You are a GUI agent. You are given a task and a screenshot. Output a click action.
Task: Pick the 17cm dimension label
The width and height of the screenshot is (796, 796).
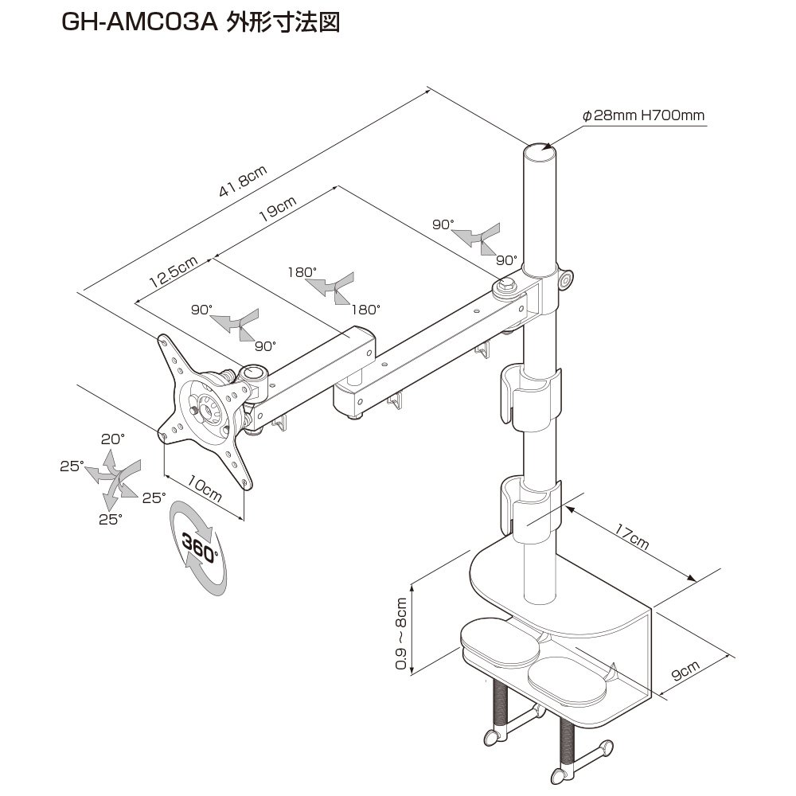point(633,538)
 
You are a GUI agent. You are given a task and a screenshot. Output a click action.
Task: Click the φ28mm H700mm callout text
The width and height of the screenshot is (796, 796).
point(644,115)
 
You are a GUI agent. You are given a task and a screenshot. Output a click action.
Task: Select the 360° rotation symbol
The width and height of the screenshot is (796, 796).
point(199,547)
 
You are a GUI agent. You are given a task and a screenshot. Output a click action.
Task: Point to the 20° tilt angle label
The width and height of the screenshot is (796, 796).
point(113,439)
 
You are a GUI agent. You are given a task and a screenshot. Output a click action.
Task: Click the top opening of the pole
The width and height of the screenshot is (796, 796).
point(539,149)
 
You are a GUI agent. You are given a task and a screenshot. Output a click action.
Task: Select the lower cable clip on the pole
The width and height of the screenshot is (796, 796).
point(532,505)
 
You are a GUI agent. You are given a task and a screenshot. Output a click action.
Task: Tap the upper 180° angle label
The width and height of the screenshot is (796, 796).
point(302,271)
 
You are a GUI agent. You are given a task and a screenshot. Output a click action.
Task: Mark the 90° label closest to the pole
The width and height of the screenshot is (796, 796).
point(506,259)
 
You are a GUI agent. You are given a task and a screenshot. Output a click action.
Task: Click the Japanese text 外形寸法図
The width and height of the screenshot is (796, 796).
point(283,23)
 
